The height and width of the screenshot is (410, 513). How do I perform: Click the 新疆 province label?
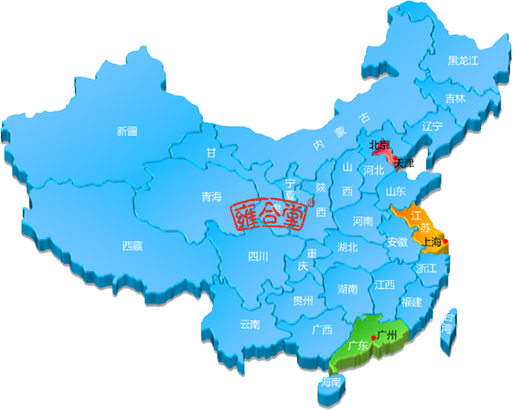[x=126, y=131]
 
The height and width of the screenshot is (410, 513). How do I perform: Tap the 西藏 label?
[x=132, y=245]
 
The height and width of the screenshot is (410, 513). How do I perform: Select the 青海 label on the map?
[x=211, y=196]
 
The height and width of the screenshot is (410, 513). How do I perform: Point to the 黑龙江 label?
[x=463, y=61]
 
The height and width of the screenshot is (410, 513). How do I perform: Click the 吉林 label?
[x=454, y=98]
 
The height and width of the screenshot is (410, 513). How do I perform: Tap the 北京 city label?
[x=378, y=144]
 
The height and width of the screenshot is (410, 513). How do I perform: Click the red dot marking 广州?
[x=373, y=338]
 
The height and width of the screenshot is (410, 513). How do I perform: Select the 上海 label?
[x=431, y=242]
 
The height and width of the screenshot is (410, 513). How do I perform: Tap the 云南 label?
[x=250, y=323]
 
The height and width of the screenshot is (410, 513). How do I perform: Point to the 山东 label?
[x=395, y=192]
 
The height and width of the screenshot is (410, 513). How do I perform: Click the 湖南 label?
[x=347, y=289]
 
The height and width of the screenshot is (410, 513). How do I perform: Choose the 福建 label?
[x=411, y=301]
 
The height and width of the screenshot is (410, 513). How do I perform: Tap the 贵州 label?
[x=304, y=300]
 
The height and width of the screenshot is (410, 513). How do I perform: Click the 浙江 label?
[x=426, y=269]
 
